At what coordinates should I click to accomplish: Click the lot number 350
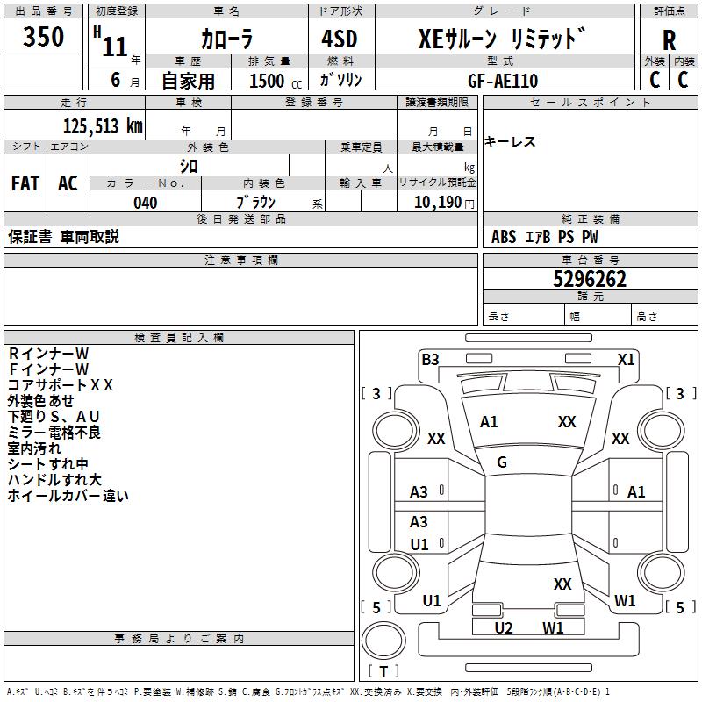coord(43,38)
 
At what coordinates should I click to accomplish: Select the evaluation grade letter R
coord(669,40)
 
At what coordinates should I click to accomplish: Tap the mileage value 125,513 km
coord(103,125)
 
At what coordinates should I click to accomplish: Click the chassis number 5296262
coord(590,279)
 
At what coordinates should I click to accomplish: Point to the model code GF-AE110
coord(503,81)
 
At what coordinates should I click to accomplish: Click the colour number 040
coord(145,203)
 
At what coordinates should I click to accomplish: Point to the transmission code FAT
coord(25,183)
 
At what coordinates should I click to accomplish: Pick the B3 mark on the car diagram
coord(430,359)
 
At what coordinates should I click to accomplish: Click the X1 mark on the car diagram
coord(626,359)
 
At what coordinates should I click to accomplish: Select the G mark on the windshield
coord(502,462)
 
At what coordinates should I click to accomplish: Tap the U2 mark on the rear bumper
coord(504,627)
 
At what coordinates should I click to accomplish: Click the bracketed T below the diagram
coord(383,671)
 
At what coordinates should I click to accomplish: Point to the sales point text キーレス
coord(510,142)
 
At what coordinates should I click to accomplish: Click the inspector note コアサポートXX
coord(60,384)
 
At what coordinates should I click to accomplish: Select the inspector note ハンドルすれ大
coord(54,479)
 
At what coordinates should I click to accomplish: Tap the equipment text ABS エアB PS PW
coord(545,237)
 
